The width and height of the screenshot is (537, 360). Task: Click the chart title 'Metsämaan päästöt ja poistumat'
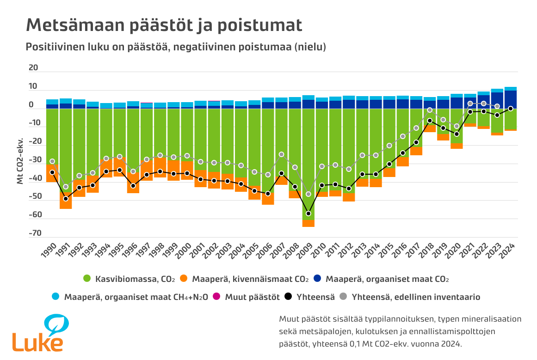164,25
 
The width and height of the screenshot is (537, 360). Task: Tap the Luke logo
38,333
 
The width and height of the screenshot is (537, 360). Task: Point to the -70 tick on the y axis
34,233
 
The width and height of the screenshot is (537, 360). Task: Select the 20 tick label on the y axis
34,68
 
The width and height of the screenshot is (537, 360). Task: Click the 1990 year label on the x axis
49,251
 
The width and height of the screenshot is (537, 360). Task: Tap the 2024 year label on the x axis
508,251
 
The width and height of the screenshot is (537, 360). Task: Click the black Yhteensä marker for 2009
309,214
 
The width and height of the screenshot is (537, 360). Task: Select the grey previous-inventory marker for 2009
309,194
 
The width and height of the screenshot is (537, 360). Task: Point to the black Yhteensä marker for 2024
511,109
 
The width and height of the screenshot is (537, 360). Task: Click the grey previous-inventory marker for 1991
66,187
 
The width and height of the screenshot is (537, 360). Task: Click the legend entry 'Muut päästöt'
252,297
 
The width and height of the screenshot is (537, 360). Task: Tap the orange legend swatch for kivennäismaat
184,279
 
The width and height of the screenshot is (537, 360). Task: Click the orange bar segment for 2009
309,223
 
